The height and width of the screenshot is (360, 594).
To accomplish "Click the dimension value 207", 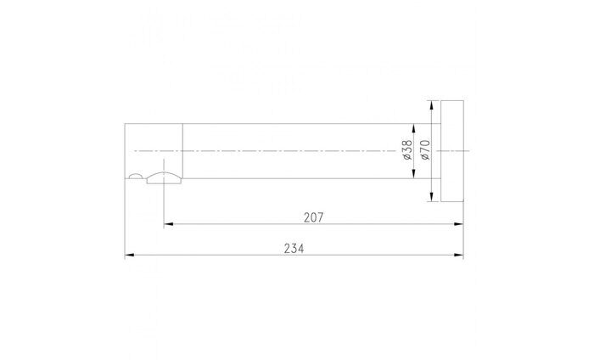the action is pos(314,217).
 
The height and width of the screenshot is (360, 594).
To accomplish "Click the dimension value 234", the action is pos(294,249).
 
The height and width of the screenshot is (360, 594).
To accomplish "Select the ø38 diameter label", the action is pos(407,149).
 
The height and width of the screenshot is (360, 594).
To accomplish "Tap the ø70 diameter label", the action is pos(426,149).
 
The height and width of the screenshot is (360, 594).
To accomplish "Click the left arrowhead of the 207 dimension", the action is pos(169,224).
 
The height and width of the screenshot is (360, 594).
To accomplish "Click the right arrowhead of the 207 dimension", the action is pos(458,224).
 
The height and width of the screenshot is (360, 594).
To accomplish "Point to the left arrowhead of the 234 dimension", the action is pos(130,255).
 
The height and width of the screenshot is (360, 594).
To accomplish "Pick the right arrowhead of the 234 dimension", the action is pos(458,255).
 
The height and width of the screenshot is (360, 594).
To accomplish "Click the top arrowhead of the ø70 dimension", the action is pos(431,105).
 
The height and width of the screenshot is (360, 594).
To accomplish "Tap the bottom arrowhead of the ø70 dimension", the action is pos(431,197).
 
